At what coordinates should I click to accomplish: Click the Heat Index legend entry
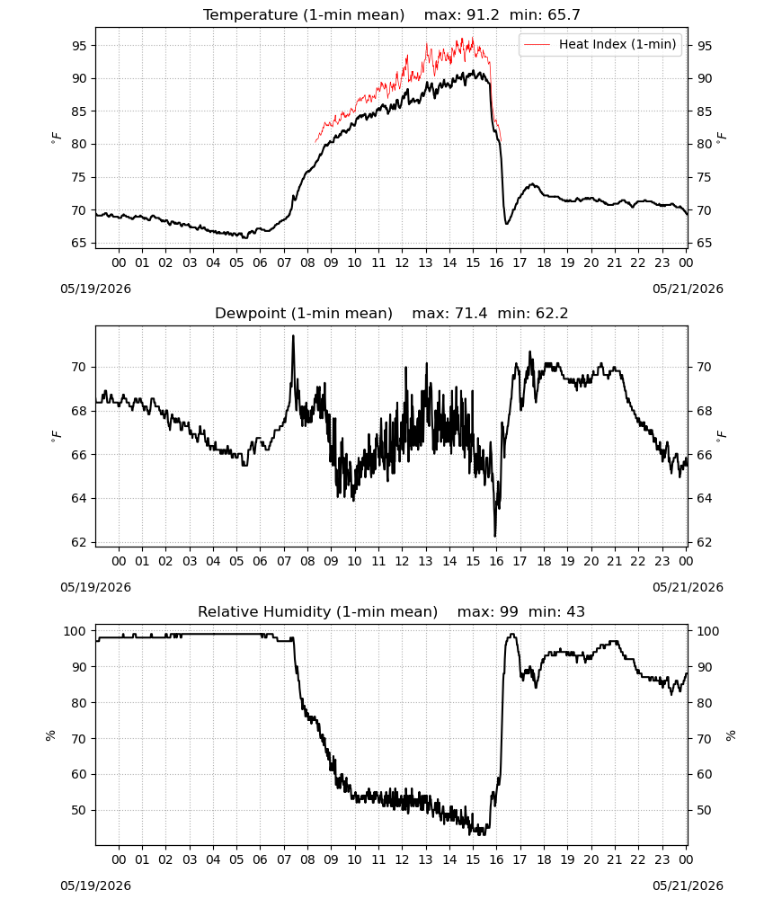tap(600, 44)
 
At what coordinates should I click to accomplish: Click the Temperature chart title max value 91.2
tap(483, 15)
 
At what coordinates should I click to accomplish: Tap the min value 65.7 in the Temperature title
tap(564, 15)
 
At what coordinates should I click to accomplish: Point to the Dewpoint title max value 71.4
tap(471, 314)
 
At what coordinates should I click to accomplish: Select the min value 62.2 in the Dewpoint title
tap(551, 314)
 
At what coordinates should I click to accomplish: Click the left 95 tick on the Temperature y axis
tap(79, 45)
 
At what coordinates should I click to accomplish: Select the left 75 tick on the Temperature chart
tap(79, 177)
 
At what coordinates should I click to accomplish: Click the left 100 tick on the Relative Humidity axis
tap(76, 631)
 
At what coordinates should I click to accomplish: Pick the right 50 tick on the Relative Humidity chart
tap(704, 810)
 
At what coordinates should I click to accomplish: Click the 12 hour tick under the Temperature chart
tap(403, 263)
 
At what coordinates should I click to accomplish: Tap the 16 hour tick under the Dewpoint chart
tap(496, 561)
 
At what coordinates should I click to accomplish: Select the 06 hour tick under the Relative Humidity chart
tap(260, 859)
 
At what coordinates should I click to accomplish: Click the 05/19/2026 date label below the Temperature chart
tap(95, 289)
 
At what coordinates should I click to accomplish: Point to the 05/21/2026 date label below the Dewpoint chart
tap(688, 587)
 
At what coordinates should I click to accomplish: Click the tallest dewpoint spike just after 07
tap(293, 336)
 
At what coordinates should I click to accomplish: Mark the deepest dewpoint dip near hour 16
tap(495, 536)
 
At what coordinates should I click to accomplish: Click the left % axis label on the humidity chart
tap(50, 735)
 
